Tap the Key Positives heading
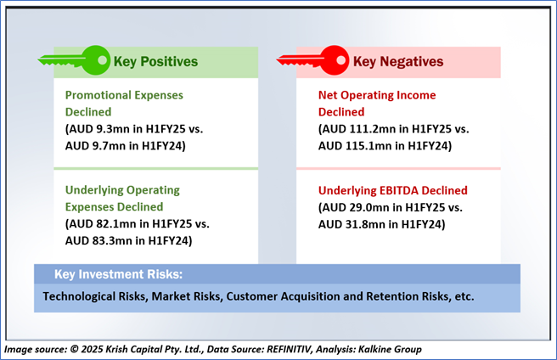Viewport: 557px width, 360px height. (155, 61)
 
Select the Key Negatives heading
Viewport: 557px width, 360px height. (398, 61)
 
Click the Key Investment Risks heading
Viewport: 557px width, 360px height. (118, 274)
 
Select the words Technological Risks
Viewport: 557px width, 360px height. (96, 296)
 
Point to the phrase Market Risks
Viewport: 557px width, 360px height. (187, 296)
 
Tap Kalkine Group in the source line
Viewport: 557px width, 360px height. (390, 349)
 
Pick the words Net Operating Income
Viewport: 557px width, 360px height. (377, 95)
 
